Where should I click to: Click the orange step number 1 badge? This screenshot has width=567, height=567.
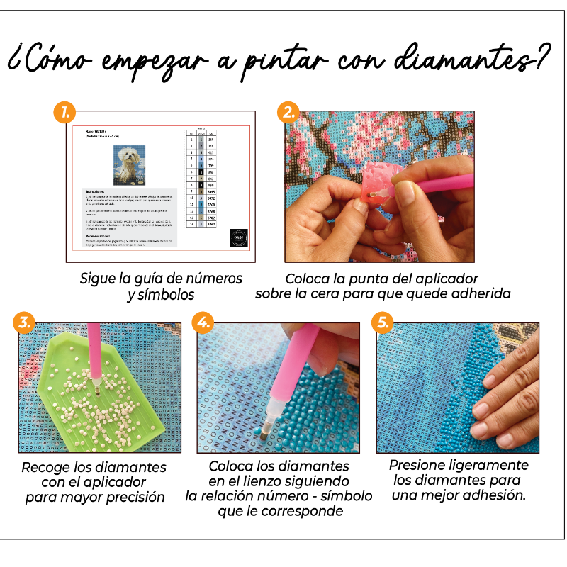pyautogui.click(x=65, y=112)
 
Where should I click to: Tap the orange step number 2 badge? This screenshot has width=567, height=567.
pyautogui.click(x=288, y=112)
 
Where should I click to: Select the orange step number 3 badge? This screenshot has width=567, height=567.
pyautogui.click(x=25, y=322)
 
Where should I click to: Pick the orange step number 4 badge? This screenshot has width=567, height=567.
pyautogui.click(x=203, y=322)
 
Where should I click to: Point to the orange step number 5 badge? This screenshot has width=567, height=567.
pyautogui.click(x=383, y=322)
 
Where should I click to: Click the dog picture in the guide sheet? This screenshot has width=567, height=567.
pyautogui.click(x=129, y=164)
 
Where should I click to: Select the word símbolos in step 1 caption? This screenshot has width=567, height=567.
pyautogui.click(x=169, y=295)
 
